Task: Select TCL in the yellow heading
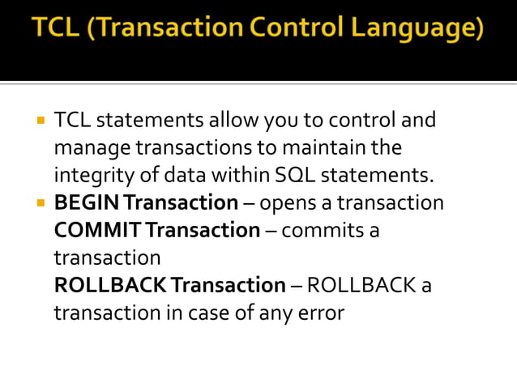(x=58, y=29)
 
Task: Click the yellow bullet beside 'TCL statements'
(x=39, y=121)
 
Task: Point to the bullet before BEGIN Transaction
(x=39, y=202)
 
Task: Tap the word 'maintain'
(x=320, y=148)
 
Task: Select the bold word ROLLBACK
(x=110, y=285)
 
